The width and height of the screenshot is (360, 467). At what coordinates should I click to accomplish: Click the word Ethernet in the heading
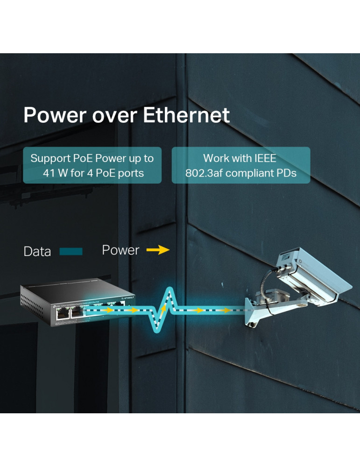click(186, 115)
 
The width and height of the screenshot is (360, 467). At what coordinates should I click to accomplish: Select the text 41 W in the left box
click(51, 174)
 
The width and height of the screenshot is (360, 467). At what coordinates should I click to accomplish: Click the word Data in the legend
click(37, 252)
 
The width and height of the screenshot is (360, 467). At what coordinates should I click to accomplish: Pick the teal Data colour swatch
click(71, 252)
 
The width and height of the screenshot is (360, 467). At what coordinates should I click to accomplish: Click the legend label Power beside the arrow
click(120, 250)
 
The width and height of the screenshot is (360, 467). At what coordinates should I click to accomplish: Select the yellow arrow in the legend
click(157, 250)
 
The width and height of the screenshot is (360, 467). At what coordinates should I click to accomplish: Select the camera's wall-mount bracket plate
click(253, 311)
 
